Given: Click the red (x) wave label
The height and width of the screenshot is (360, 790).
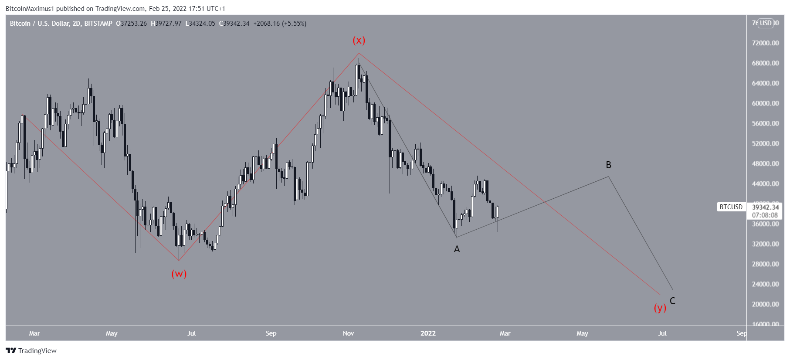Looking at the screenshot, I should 359,41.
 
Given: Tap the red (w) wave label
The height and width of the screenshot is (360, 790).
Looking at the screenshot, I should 179,274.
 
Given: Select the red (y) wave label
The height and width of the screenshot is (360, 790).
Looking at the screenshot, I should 660,308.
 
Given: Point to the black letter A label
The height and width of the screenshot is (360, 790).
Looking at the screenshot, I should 457,249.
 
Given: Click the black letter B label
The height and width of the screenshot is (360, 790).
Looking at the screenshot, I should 608,165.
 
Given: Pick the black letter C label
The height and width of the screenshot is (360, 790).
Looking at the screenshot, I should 672,301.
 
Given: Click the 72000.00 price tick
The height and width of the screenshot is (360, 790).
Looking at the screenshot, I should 765,43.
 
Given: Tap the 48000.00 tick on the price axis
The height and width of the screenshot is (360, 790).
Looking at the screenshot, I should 765,164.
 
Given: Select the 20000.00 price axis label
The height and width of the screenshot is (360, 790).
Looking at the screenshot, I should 765,304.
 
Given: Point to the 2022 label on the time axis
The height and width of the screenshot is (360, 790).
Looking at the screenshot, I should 428,333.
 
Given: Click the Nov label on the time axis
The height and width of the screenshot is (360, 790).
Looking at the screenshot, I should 348,333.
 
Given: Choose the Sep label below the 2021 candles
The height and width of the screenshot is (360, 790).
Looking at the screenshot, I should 271,333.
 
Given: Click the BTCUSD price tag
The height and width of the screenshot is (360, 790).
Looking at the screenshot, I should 731,207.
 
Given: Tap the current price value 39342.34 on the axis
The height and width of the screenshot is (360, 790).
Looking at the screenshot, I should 765,207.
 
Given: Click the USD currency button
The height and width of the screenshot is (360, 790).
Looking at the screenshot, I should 766,23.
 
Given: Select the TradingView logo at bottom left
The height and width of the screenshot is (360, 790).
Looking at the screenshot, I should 31,351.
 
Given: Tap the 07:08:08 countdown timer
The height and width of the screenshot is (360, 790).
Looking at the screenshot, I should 765,215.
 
